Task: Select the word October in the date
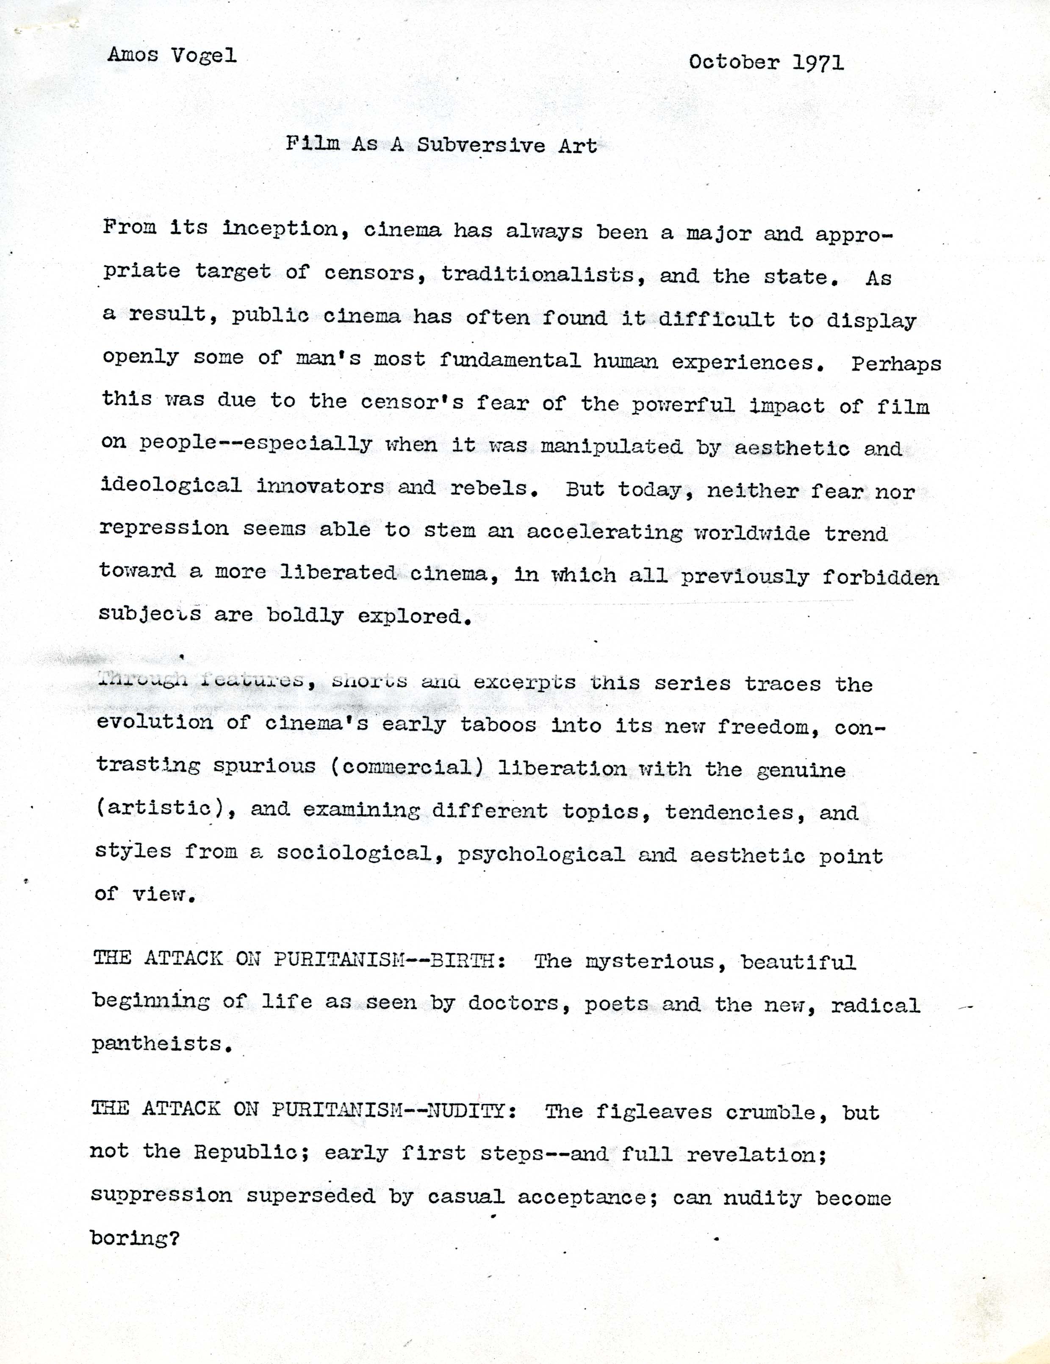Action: click(734, 62)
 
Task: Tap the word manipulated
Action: click(611, 446)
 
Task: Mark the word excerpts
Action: click(524, 682)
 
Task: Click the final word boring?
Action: click(134, 1238)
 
